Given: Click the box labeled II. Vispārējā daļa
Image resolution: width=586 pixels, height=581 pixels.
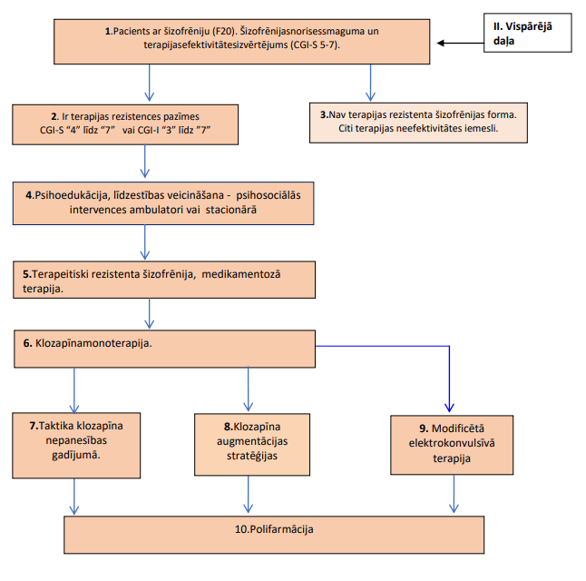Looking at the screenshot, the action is click(527, 33).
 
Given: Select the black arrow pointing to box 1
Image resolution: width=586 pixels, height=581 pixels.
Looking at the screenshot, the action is click(461, 43).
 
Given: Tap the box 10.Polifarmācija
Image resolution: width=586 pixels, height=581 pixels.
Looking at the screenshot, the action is click(274, 535).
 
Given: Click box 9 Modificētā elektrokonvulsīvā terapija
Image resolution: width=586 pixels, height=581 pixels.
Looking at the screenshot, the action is click(452, 445).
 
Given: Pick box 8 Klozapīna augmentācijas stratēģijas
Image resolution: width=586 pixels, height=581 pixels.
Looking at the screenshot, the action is click(252, 445).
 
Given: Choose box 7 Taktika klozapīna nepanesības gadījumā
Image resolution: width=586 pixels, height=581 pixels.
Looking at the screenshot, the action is click(76, 445).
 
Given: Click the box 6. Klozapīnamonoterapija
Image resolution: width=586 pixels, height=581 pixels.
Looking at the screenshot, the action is click(164, 349).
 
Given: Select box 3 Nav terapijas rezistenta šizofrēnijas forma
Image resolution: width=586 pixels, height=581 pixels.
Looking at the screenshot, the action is click(418, 123).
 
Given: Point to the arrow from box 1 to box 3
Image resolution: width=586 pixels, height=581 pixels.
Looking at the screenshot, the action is click(370, 83).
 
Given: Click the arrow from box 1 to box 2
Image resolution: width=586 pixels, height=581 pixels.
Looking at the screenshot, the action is click(149, 83).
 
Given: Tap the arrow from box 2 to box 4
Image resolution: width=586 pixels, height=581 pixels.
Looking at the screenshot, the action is click(144, 162).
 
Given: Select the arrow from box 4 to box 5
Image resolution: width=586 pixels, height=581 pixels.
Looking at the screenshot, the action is click(144, 242).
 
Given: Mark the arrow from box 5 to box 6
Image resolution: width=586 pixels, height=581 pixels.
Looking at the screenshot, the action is click(149, 313).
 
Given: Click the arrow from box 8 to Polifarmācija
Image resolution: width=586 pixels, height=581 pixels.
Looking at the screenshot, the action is click(249, 494).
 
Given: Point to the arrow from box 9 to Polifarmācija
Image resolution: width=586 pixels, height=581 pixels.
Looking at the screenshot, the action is click(454, 494).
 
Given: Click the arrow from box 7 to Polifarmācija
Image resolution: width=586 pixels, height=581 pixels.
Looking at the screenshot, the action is click(74, 497).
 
